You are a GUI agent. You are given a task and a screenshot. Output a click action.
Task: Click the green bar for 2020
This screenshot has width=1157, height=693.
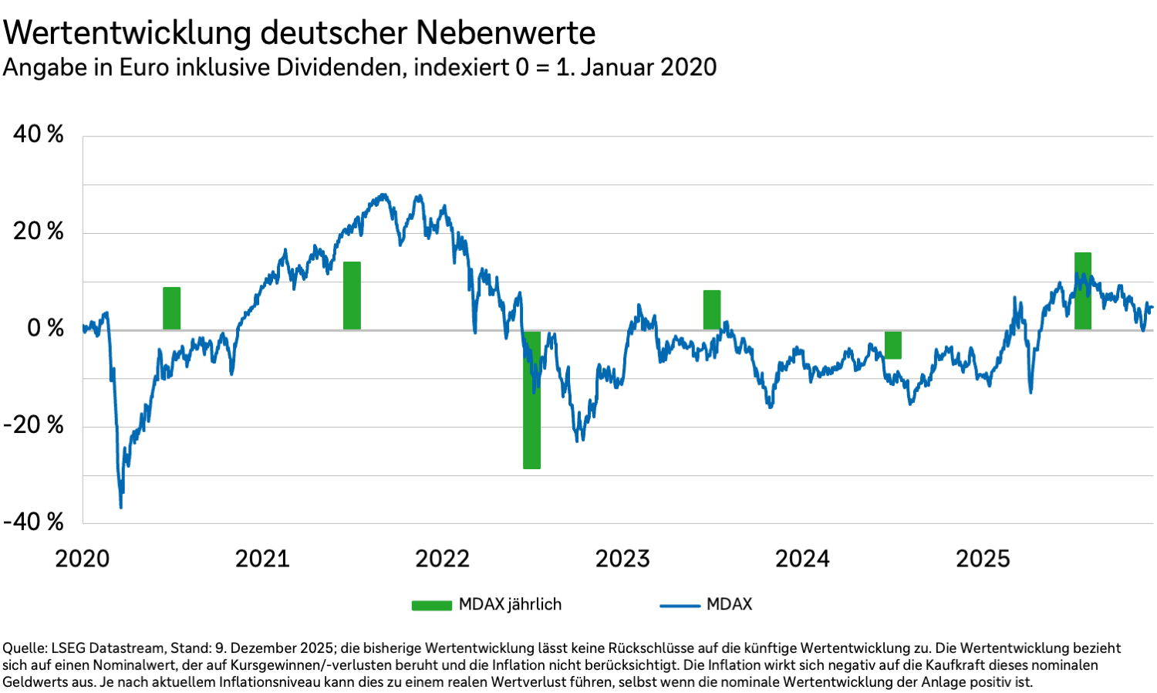(x=171, y=308)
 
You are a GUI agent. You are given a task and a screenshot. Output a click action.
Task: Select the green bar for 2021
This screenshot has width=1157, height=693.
(x=352, y=296)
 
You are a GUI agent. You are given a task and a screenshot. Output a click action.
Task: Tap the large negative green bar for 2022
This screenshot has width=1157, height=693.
(x=531, y=400)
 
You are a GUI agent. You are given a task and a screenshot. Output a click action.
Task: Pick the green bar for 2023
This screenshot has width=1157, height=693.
(x=712, y=309)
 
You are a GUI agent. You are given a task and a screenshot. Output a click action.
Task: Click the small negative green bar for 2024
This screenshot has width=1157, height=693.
(x=893, y=345)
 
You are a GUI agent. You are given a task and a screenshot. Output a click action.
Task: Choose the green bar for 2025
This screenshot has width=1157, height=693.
(x=1083, y=291)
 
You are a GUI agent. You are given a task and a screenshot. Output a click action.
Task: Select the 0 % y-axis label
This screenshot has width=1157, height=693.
(x=46, y=328)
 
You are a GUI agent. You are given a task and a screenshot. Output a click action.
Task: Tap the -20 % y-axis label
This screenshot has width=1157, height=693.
(x=34, y=424)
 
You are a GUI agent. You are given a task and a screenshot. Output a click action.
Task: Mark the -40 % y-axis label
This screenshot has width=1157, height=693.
(x=34, y=522)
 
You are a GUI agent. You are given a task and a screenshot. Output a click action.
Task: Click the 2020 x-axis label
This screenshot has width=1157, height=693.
(x=83, y=558)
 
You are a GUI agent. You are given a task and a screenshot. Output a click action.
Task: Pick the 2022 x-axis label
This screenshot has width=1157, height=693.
(x=442, y=558)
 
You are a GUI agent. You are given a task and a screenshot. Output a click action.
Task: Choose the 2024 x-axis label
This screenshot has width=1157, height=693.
(x=802, y=558)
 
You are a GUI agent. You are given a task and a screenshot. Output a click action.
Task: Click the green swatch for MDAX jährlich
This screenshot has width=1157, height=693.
(x=431, y=605)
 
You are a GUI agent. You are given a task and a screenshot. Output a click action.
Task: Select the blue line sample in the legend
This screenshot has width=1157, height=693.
(x=680, y=606)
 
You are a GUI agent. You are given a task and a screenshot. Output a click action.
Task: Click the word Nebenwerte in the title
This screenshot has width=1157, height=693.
(x=505, y=33)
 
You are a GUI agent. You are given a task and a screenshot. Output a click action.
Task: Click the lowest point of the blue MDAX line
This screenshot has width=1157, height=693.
(x=121, y=507)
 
